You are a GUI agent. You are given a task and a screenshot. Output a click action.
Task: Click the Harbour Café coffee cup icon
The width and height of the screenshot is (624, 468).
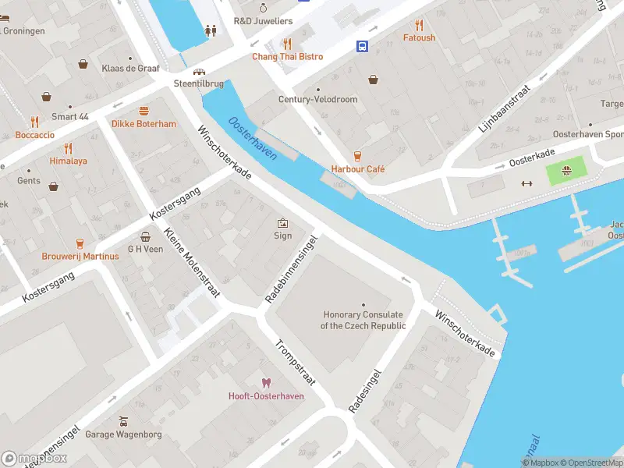357,155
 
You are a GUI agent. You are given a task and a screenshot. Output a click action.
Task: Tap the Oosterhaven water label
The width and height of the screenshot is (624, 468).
253,138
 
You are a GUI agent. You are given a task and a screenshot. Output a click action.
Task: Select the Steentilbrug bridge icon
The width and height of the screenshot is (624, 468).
200,71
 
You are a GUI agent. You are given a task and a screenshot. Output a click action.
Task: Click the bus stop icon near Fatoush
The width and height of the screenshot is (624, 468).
363,46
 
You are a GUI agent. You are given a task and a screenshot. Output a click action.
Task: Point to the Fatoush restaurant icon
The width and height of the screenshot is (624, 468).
420,24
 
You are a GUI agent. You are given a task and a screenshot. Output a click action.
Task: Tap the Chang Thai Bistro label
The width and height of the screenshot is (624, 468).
286,57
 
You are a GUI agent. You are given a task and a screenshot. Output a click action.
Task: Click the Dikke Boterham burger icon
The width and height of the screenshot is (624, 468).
144,111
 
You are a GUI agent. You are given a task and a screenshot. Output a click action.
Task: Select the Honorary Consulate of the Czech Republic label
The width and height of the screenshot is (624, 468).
363,320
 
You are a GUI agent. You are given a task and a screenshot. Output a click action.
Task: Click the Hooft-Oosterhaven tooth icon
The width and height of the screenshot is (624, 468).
266,382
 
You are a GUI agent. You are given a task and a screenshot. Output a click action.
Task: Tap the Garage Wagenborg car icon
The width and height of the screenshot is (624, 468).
122,421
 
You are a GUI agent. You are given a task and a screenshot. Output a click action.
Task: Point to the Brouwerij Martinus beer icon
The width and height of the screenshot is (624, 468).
80,243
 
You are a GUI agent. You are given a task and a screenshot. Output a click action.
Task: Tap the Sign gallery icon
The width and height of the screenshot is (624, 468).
282,222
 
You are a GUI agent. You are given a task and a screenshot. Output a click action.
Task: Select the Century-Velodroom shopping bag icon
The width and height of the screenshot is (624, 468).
374,79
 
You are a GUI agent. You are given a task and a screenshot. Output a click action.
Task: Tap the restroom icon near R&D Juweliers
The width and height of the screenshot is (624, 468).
210,31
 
